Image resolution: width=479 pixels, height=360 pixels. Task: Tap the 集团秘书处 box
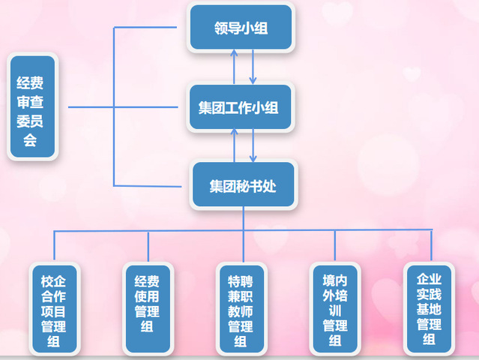click(243, 185)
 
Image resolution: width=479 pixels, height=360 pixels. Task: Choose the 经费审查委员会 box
click(31, 106)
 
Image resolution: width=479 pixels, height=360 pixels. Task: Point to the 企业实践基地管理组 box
click(429, 307)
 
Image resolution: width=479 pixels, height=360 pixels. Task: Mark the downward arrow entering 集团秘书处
click(253, 145)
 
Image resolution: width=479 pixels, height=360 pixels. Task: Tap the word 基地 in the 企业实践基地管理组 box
click(429, 308)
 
